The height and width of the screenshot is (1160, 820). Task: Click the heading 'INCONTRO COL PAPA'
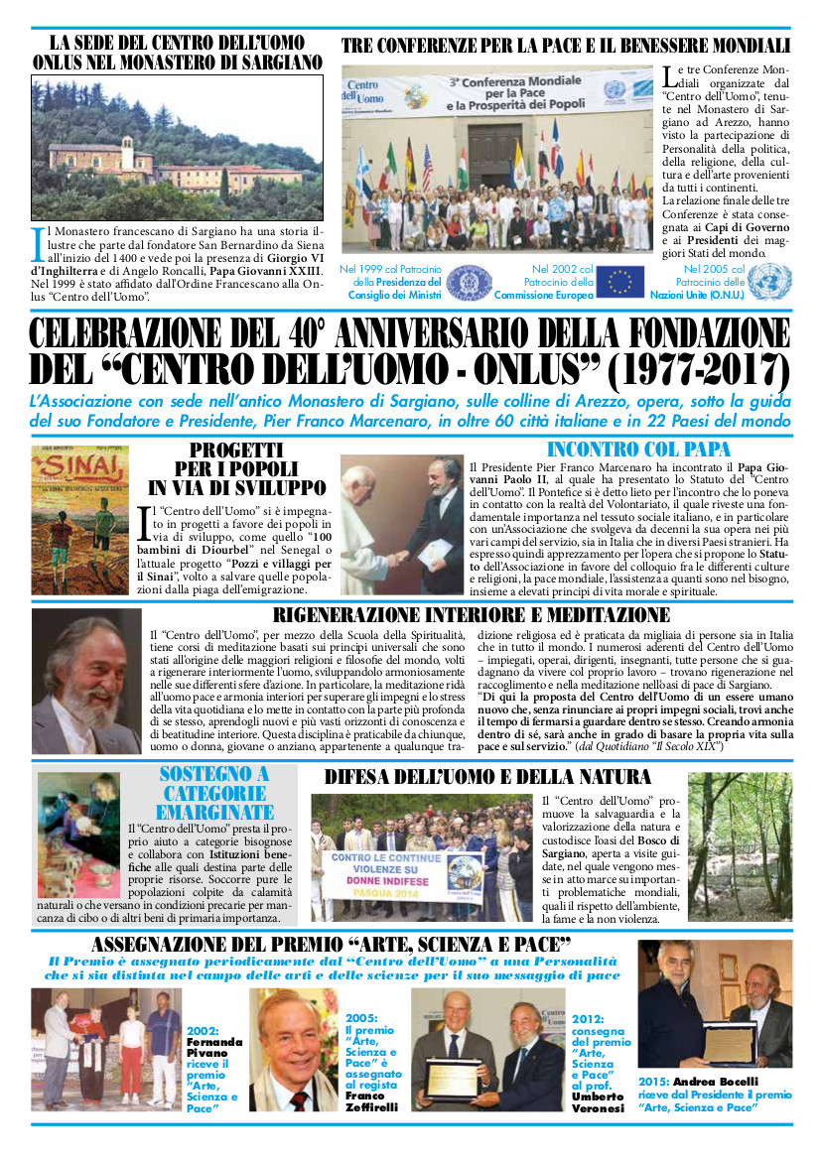(638, 449)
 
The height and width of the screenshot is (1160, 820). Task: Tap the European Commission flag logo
(620, 282)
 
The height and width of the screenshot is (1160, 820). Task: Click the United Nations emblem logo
(768, 282)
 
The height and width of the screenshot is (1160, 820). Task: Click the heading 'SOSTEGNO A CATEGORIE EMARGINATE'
(212, 792)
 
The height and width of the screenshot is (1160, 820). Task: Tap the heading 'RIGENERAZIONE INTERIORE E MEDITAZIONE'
(471, 615)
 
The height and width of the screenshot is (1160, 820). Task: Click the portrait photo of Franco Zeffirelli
(292, 1049)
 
